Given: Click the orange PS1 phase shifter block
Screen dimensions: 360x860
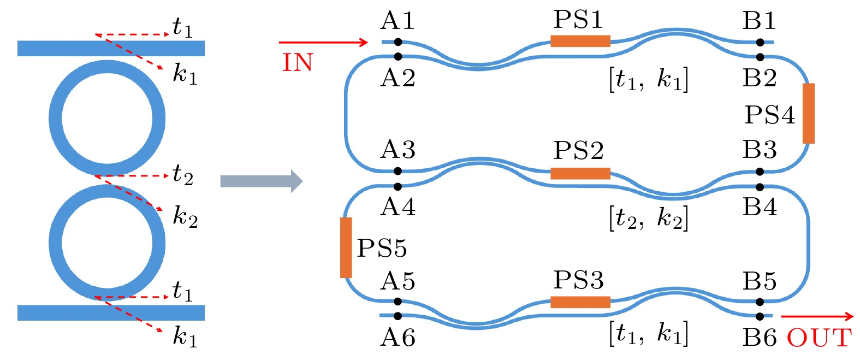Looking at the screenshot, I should (580, 41).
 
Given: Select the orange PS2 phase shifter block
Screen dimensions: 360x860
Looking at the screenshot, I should (580, 174).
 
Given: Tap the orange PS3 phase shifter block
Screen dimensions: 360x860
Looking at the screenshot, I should (580, 302).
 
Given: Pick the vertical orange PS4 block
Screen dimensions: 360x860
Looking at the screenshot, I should (809, 113).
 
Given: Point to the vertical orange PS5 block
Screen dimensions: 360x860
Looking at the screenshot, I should (346, 247).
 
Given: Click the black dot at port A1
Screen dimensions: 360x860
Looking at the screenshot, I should (398, 42).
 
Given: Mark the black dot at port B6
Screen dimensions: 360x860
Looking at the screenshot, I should (760, 316).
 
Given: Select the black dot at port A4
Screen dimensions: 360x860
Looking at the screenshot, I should (398, 187).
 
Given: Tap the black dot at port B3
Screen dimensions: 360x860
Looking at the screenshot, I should (760, 172).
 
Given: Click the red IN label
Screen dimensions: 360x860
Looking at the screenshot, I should (298, 63).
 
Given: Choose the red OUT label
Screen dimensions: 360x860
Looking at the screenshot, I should (819, 338).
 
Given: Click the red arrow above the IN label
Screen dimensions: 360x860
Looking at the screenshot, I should (323, 42).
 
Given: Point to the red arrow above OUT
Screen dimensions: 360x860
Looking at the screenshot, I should (817, 316).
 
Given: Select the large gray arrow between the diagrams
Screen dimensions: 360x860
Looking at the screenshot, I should (261, 181).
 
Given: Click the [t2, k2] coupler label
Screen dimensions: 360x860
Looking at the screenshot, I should (648, 219).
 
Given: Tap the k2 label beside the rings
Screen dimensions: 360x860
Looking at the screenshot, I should (185, 217).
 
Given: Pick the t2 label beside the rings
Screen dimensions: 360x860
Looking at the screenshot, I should (182, 175).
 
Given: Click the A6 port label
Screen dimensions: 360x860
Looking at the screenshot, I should (398, 338).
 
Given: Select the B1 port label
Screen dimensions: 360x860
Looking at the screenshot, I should (759, 21).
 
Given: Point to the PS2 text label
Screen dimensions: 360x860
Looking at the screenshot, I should (578, 150).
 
